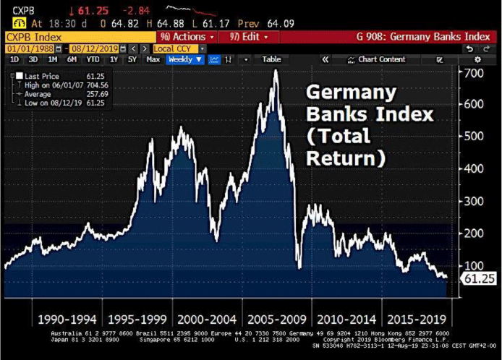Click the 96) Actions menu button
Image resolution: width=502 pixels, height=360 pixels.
click(187, 36)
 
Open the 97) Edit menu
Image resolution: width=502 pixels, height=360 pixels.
click(248, 36)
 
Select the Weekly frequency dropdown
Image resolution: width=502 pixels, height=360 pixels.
click(184, 59)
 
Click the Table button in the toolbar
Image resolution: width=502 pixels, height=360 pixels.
click(271, 59)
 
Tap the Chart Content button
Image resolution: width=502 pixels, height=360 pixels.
click(381, 59)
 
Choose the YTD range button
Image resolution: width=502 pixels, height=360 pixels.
click(93, 59)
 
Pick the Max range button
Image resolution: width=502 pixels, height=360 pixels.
click(153, 59)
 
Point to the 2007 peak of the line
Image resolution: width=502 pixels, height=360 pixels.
click(276, 70)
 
